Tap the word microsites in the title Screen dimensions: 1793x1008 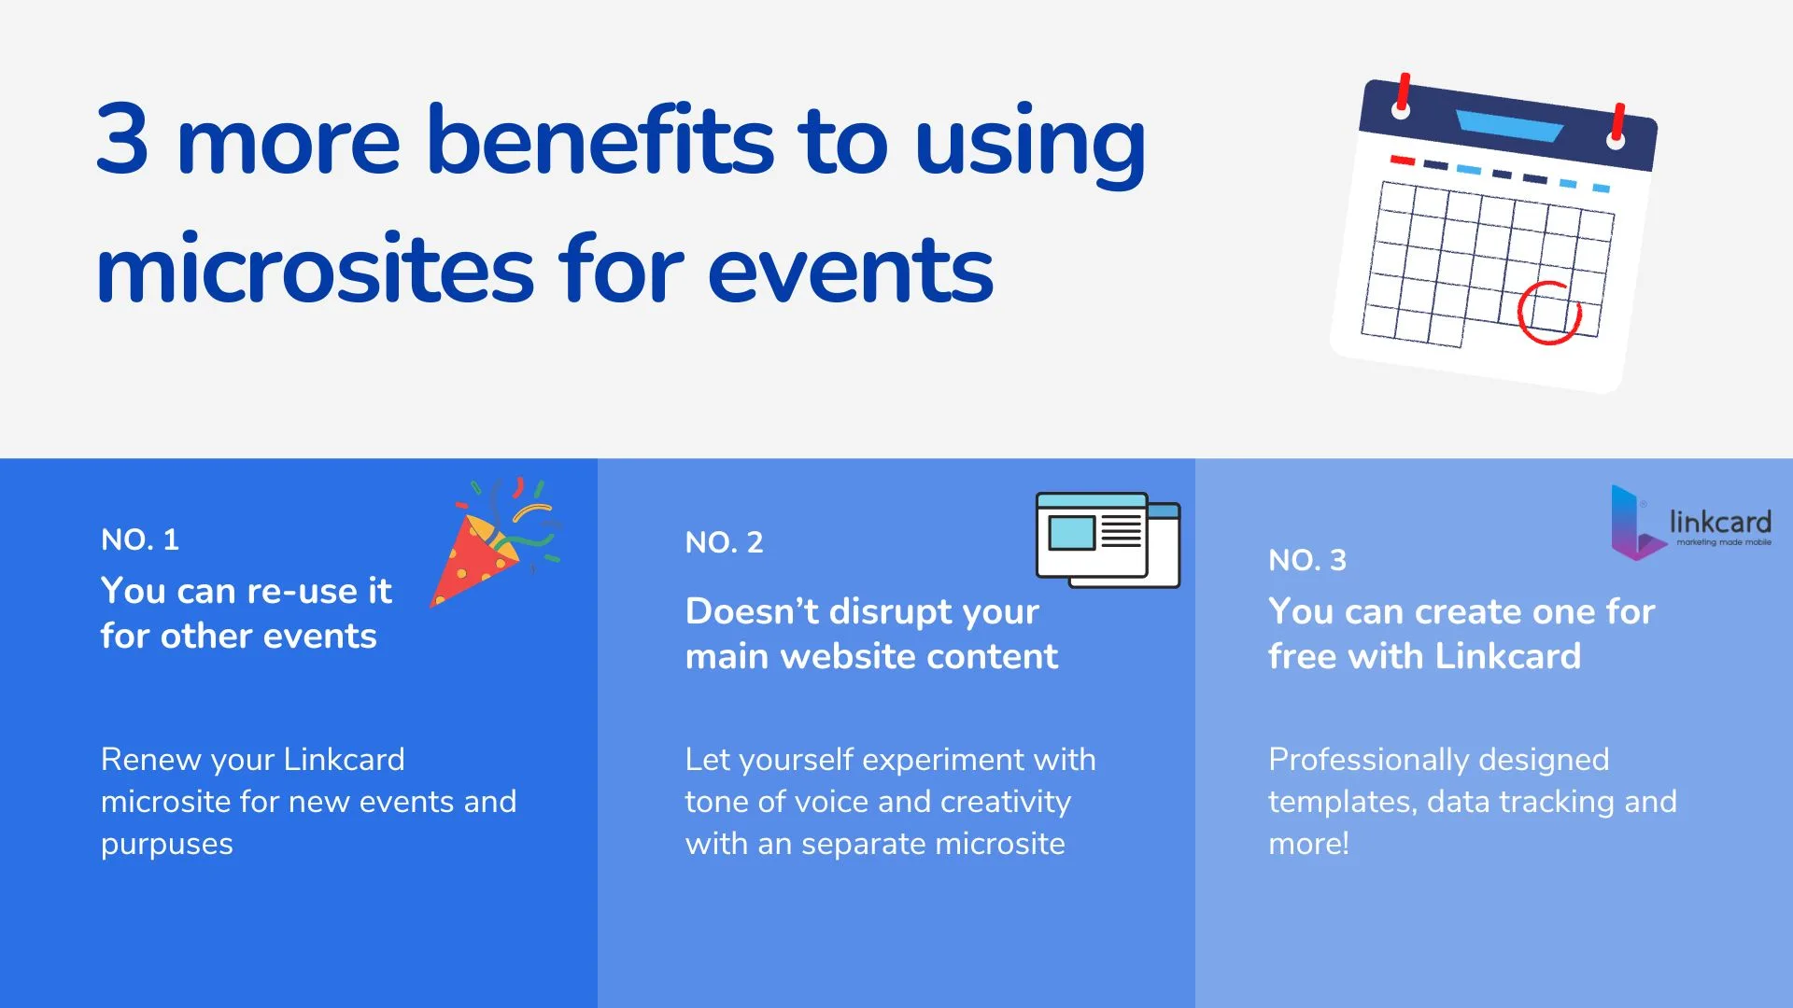(x=314, y=270)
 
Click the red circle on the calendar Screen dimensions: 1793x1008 (x=1549, y=313)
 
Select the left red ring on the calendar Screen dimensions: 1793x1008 (x=1402, y=96)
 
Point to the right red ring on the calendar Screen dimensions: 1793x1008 (x=1617, y=127)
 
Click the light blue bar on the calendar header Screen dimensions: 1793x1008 (x=1509, y=126)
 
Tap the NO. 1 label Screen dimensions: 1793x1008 (x=140, y=539)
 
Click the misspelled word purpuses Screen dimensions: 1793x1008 (x=167, y=845)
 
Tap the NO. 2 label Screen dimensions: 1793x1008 (x=724, y=542)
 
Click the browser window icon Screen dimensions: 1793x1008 (x=1108, y=540)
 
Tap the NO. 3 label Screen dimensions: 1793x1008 (x=1307, y=560)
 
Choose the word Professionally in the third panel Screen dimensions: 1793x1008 (x=1369, y=760)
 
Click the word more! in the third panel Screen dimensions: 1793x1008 (x=1308, y=844)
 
